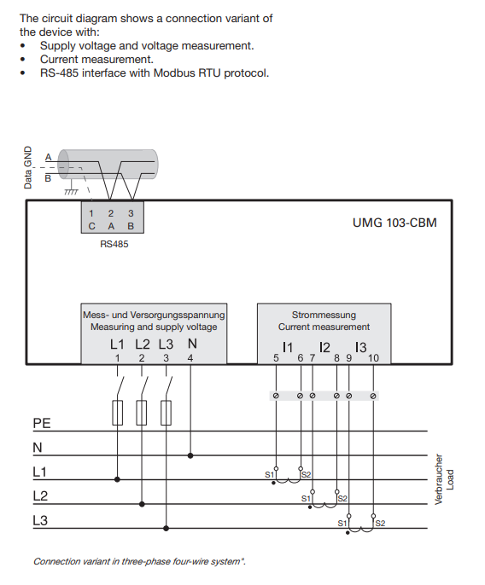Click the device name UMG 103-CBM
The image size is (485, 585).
tap(394, 223)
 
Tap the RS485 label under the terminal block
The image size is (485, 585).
tap(114, 244)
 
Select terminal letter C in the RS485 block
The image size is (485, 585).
tap(91, 226)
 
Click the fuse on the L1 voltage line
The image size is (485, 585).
tap(117, 413)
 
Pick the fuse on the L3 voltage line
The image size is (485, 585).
tap(166, 413)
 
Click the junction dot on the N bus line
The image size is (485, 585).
tap(190, 455)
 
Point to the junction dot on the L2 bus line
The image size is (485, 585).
tap(142, 504)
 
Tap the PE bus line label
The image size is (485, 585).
tap(42, 423)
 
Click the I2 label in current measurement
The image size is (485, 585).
tap(324, 347)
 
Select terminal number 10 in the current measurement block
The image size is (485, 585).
tap(373, 358)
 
